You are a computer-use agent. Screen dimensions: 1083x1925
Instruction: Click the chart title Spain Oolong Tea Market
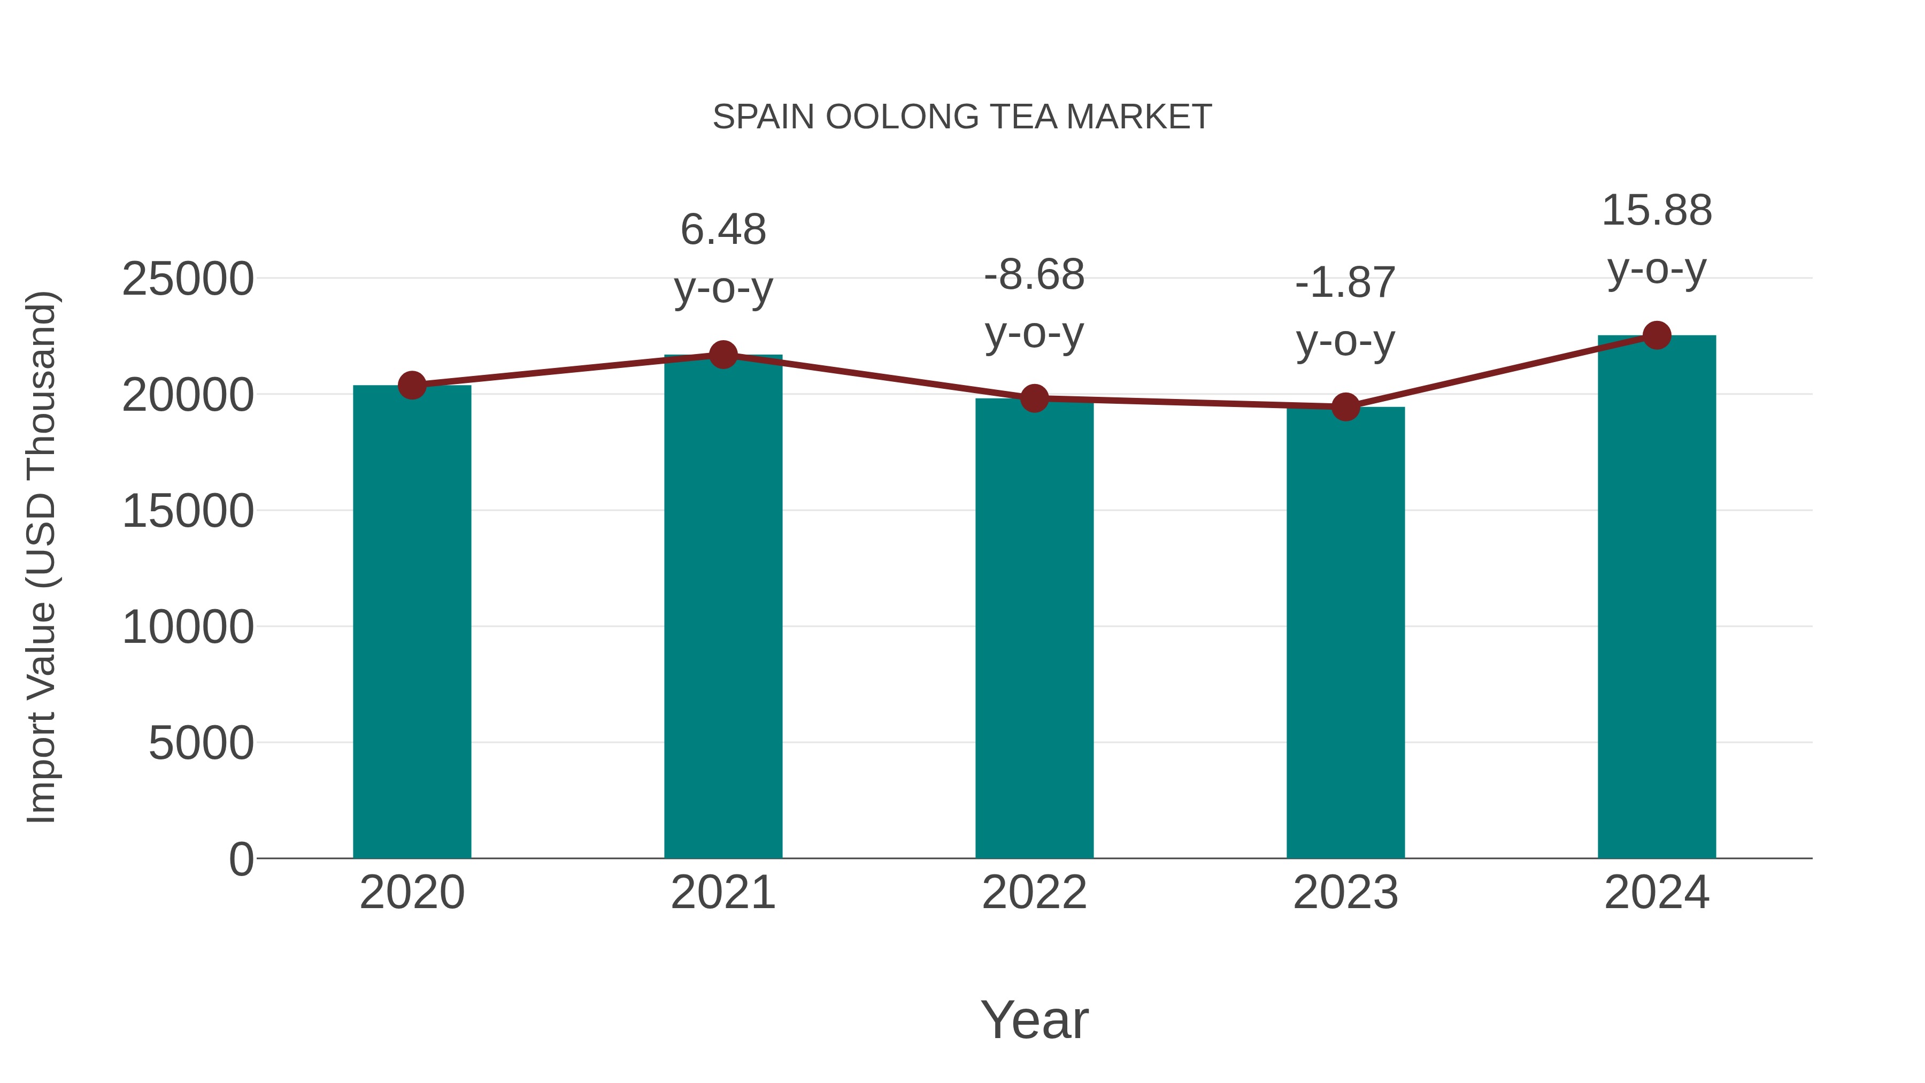pyautogui.click(x=962, y=117)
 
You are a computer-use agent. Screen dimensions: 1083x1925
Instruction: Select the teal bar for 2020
pyautogui.click(x=412, y=620)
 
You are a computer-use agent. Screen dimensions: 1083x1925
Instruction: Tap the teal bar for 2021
pyautogui.click(x=722, y=605)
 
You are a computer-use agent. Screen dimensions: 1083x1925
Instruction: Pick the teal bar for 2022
pyautogui.click(x=1034, y=628)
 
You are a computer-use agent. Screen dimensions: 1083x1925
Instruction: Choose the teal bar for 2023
pyautogui.click(x=1345, y=632)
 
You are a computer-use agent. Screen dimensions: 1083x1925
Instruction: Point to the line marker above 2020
pyautogui.click(x=412, y=385)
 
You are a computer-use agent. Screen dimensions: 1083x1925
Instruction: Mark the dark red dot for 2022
pyautogui.click(x=1034, y=398)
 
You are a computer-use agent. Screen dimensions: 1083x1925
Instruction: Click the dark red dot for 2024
pyautogui.click(x=1657, y=335)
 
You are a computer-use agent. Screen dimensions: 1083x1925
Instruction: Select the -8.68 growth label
pyautogui.click(x=1034, y=274)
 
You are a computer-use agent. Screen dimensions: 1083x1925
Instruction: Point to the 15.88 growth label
pyautogui.click(x=1657, y=210)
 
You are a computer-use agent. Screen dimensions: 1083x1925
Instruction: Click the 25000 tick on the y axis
pyautogui.click(x=188, y=280)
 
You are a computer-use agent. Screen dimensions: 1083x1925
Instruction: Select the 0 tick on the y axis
pyautogui.click(x=241, y=859)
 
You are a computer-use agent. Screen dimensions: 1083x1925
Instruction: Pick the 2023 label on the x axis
pyautogui.click(x=1345, y=893)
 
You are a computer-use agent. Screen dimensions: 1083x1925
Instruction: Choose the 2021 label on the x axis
pyautogui.click(x=722, y=893)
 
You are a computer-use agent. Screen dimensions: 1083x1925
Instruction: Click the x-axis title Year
pyautogui.click(x=1034, y=1019)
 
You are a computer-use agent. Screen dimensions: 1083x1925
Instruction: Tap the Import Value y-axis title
pyautogui.click(x=42, y=557)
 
